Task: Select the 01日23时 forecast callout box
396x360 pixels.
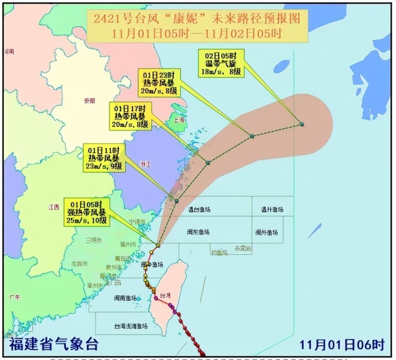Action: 159,83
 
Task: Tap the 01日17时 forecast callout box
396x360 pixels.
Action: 130,116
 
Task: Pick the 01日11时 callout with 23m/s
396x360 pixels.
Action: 104,157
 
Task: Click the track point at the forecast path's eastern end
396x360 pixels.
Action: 302,124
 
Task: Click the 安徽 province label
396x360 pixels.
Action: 89,100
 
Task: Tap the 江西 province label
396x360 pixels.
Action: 54,207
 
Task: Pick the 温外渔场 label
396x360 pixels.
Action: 272,209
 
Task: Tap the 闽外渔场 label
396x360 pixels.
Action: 266,232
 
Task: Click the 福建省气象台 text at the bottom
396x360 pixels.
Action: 54,344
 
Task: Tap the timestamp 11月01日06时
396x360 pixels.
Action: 342,344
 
